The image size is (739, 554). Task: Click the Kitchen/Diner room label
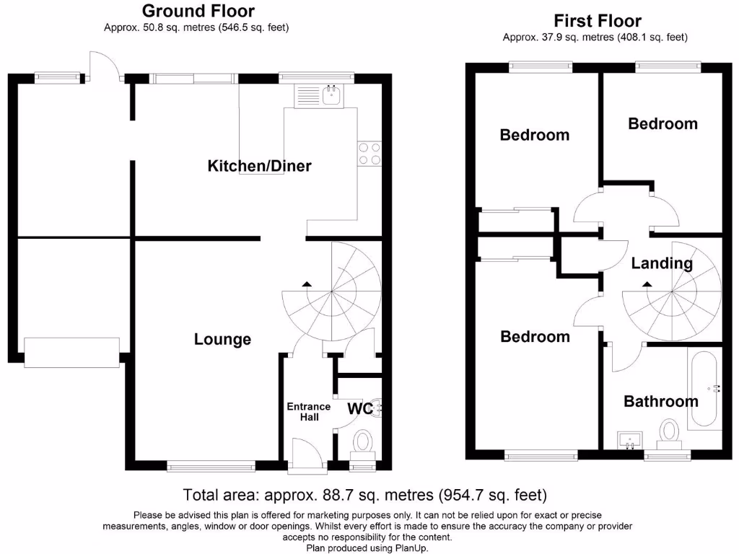pyautogui.click(x=259, y=166)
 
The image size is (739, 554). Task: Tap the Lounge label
pyautogui.click(x=222, y=339)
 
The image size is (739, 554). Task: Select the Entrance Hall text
pyautogui.click(x=309, y=412)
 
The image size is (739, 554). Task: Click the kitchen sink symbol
pyautogui.click(x=333, y=95)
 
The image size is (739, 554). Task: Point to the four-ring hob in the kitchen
pyautogui.click(x=369, y=154)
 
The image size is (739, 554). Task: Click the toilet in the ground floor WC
pyautogui.click(x=363, y=444)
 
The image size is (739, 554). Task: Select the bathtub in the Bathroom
pyautogui.click(x=704, y=389)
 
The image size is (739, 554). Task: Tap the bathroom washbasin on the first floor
pyautogui.click(x=629, y=441)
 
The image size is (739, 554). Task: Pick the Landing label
pyautogui.click(x=662, y=263)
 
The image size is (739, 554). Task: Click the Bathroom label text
pyautogui.click(x=661, y=401)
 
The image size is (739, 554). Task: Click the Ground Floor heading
pyautogui.click(x=198, y=11)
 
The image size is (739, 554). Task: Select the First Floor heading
pyautogui.click(x=597, y=21)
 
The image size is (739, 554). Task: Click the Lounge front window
pyautogui.click(x=211, y=467)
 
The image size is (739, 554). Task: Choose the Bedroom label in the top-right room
pyautogui.click(x=663, y=123)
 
